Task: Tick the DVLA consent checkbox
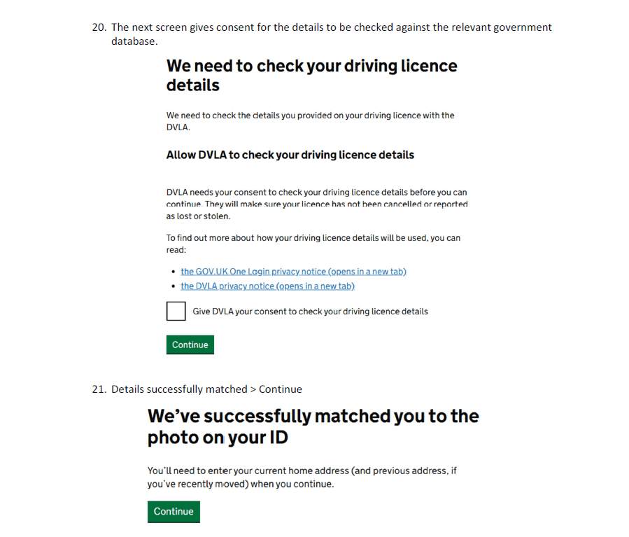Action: tap(176, 311)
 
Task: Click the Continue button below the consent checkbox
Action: tap(190, 344)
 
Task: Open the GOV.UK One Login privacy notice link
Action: tap(293, 272)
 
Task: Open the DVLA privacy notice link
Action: tap(267, 286)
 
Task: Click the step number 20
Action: tap(99, 27)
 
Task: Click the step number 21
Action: tap(99, 389)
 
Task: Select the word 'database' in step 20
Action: tap(133, 41)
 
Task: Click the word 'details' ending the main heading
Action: tap(192, 85)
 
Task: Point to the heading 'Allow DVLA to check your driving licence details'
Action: tap(290, 155)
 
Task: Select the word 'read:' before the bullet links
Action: tap(176, 250)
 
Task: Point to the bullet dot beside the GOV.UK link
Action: tap(173, 272)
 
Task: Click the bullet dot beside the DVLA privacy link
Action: tap(173, 286)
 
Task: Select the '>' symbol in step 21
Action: tap(253, 389)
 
